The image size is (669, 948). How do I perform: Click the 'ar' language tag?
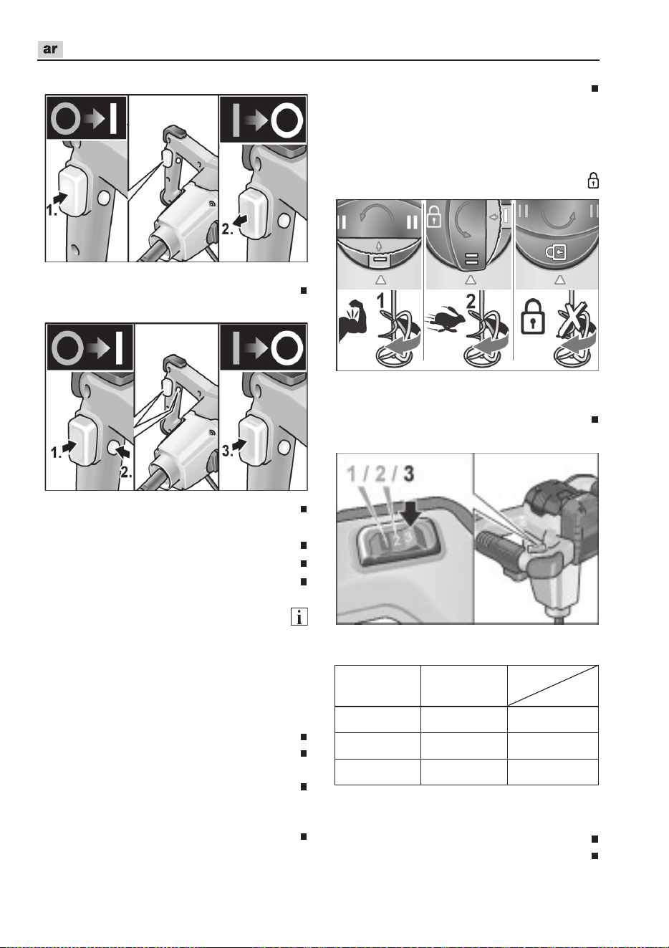[x=50, y=49]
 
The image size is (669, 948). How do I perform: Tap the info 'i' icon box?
[x=299, y=617]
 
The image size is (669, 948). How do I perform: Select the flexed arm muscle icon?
[x=353, y=321]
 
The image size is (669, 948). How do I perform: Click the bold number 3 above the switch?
[x=408, y=474]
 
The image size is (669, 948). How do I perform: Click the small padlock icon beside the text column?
[x=593, y=181]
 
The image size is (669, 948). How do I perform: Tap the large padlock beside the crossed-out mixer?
[x=532, y=317]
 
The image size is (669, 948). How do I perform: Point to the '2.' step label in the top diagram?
[x=227, y=229]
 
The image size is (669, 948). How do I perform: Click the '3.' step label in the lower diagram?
[x=228, y=451]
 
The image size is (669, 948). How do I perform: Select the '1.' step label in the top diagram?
[x=52, y=211]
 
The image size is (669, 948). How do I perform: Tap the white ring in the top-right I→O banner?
[x=287, y=120]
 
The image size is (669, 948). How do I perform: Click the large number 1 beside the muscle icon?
[x=381, y=301]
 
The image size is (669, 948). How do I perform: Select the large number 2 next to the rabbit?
[x=471, y=301]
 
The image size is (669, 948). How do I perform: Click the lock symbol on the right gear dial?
[x=556, y=253]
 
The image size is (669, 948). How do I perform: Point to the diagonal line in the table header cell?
[x=553, y=686]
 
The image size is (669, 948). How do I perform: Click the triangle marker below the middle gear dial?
[x=470, y=279]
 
